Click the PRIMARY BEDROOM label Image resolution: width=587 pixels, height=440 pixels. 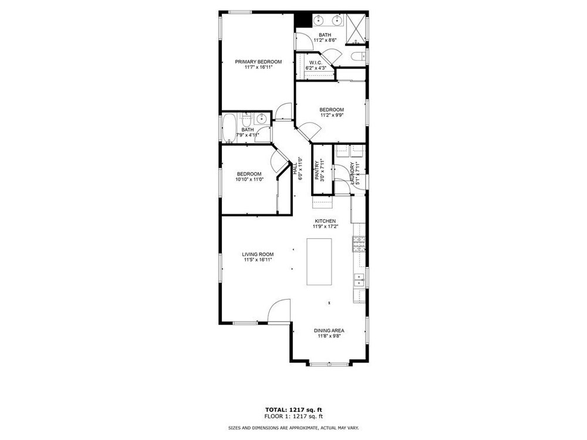[x=258, y=62]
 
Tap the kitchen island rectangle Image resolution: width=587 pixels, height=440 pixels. [x=319, y=262]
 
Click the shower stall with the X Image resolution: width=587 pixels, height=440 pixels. [x=355, y=28]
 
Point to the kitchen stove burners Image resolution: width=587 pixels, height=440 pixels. [x=359, y=244]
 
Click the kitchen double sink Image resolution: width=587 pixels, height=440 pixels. [x=359, y=280]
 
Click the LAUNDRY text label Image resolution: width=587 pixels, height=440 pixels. [x=352, y=173]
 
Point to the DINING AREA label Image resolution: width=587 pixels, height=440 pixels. [x=329, y=331]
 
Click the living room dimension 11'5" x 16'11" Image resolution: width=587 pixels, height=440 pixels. [x=258, y=260]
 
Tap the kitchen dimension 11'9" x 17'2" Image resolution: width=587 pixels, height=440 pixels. [x=325, y=226]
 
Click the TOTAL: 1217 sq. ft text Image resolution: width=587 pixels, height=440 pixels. [x=293, y=409]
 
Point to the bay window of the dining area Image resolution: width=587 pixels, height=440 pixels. [x=329, y=364]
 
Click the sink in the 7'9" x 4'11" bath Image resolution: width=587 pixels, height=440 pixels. [x=262, y=119]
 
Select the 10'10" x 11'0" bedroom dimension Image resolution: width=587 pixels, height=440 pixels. [x=249, y=180]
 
